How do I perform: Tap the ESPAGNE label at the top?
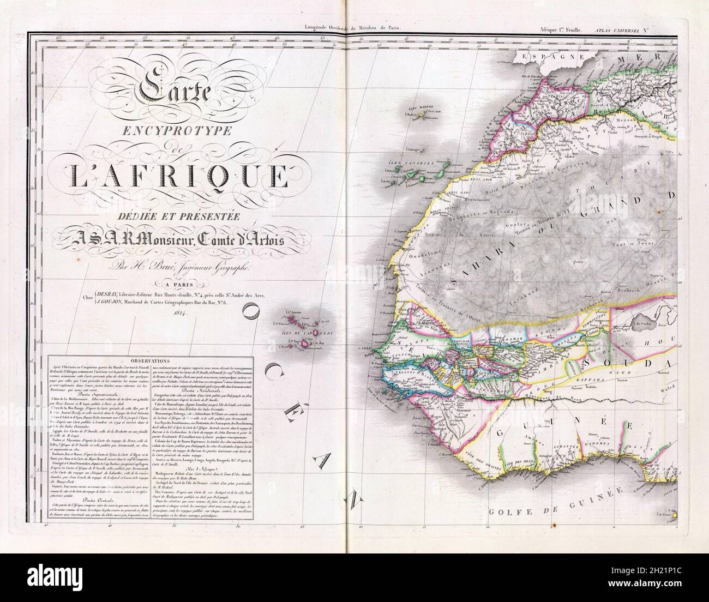point(545,56)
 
